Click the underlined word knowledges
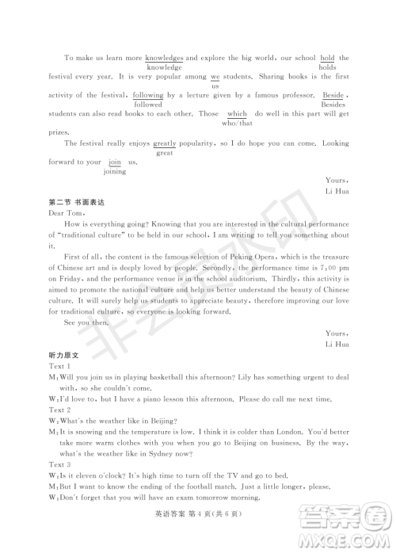[165, 58]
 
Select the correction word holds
[327, 68]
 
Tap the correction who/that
[237, 124]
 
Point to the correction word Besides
[333, 105]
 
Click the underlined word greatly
[165, 143]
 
